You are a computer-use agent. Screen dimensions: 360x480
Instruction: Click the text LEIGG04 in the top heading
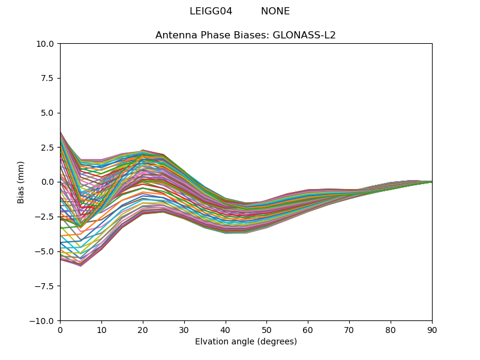211,11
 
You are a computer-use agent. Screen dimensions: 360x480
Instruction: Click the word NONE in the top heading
275,11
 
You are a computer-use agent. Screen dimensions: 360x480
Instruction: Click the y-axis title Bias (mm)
21,182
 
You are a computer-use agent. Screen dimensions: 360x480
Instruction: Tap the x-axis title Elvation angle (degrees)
246,342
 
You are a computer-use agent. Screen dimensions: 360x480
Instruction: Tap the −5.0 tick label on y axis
46,251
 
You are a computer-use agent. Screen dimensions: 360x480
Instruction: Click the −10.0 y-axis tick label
43,321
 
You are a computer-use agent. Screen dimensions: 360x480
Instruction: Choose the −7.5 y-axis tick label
46,286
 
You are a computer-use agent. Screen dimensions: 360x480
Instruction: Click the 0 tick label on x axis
60,330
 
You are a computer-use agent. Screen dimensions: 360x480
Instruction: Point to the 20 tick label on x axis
143,330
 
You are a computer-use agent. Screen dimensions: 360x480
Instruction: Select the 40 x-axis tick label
226,330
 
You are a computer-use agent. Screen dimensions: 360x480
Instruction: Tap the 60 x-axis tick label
308,330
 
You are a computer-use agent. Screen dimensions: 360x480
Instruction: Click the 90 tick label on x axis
432,330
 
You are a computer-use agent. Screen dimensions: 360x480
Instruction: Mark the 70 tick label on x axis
349,330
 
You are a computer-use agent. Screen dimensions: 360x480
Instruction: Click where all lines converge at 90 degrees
431,182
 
